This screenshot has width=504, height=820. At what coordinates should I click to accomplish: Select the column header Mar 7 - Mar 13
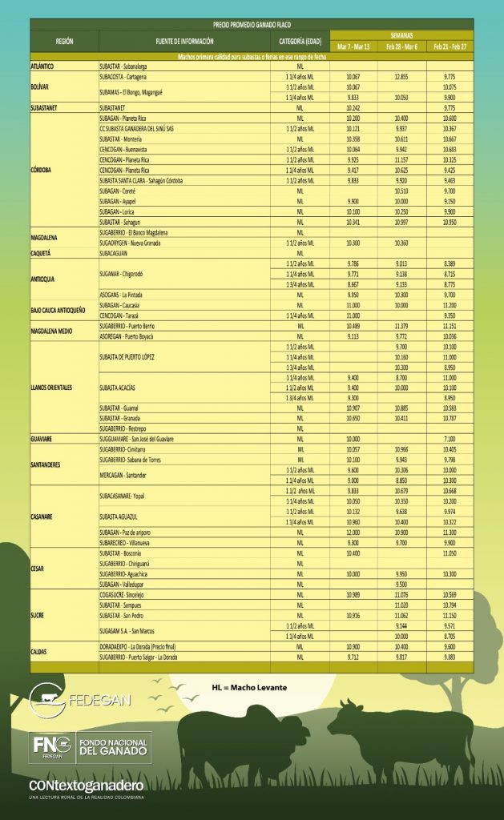pos(353,47)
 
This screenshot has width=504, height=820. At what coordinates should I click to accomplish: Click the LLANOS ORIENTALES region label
pos(54,388)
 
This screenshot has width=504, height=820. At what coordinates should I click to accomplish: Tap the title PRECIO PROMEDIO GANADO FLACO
pos(252,25)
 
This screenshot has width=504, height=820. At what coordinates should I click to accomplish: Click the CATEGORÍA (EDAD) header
pos(300,40)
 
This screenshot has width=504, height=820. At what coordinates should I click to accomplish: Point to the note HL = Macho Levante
pos(249,687)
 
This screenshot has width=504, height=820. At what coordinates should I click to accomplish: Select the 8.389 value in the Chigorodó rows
pos(449,263)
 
